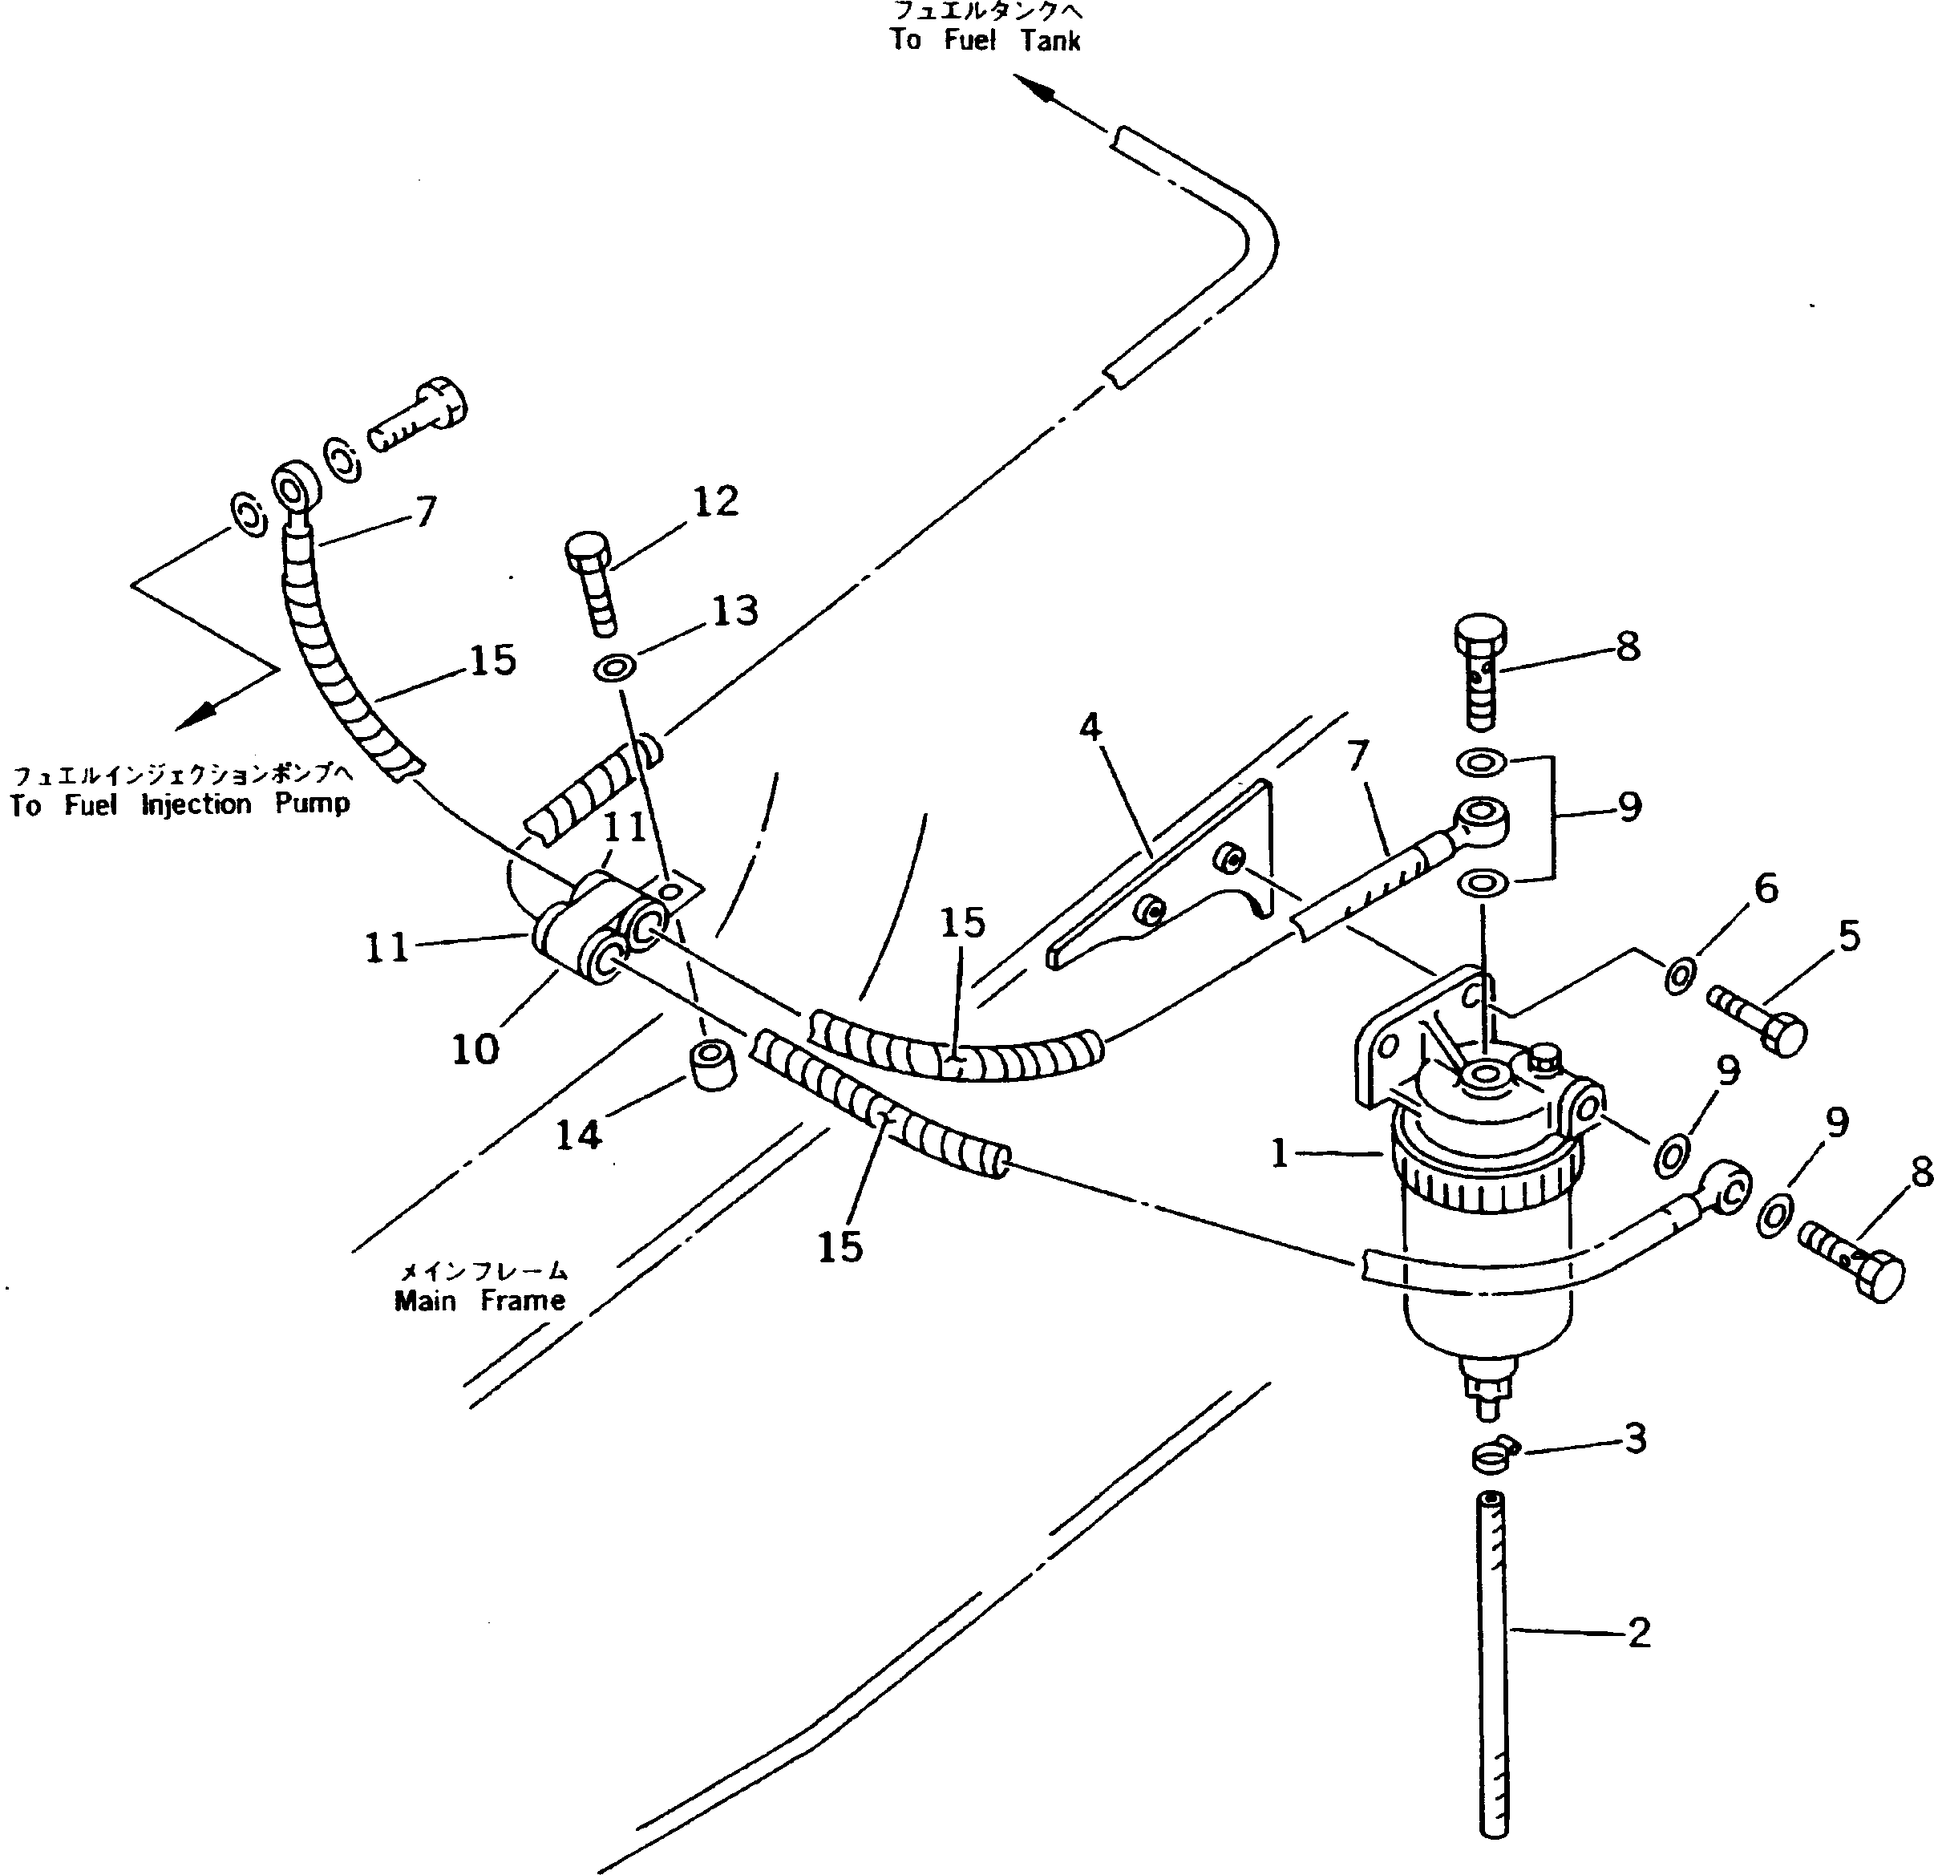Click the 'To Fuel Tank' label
pyautogui.click(x=985, y=39)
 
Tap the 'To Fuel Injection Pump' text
pyautogui.click(x=180, y=804)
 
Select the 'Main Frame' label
pyautogui.click(x=479, y=1301)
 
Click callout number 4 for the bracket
pyautogui.click(x=1090, y=727)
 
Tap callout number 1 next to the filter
pyautogui.click(x=1280, y=1152)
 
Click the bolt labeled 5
pyautogui.click(x=1759, y=1020)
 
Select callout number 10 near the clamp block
pyautogui.click(x=475, y=1049)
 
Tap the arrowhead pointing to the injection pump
pyautogui.click(x=193, y=719)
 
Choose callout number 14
pyautogui.click(x=578, y=1135)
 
